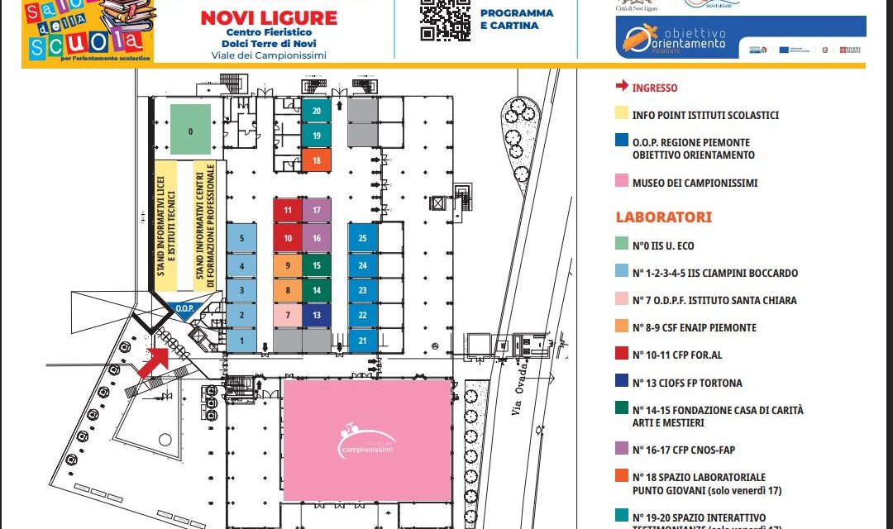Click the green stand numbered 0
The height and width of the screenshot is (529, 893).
[190, 130]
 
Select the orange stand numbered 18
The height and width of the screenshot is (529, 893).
[317, 160]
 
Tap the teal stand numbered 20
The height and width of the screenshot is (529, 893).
[317, 110]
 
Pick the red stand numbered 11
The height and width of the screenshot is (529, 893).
[288, 210]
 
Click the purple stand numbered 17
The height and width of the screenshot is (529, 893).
[317, 210]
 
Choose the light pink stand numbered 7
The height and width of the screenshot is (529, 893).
[288, 315]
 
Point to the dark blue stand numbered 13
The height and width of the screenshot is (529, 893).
[317, 315]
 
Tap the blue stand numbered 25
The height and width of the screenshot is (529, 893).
[362, 237]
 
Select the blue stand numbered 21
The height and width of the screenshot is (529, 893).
[362, 340]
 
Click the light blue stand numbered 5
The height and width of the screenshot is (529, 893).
[241, 238]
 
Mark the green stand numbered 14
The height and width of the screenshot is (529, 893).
[317, 290]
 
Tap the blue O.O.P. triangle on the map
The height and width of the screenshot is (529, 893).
[184, 310]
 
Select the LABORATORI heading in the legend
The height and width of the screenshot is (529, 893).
[664, 217]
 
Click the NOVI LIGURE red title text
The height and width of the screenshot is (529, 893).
[269, 18]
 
